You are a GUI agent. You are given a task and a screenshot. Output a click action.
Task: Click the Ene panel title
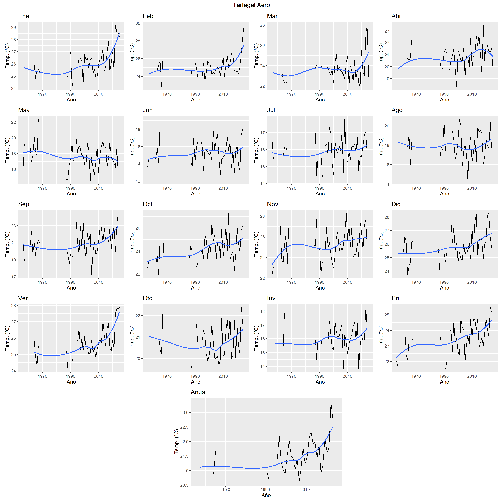pyautogui.click(x=23, y=16)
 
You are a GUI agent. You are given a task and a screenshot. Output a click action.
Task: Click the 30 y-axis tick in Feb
pyautogui.click(x=138, y=23)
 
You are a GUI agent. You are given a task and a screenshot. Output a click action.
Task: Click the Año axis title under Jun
pyautogui.click(x=195, y=194)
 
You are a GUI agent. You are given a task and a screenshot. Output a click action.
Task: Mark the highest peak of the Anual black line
pyautogui.click(x=331, y=402)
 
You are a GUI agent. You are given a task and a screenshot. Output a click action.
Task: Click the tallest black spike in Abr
pyautogui.click(x=483, y=25)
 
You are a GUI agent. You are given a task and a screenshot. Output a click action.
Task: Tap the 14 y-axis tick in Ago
pyautogui.click(x=387, y=184)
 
